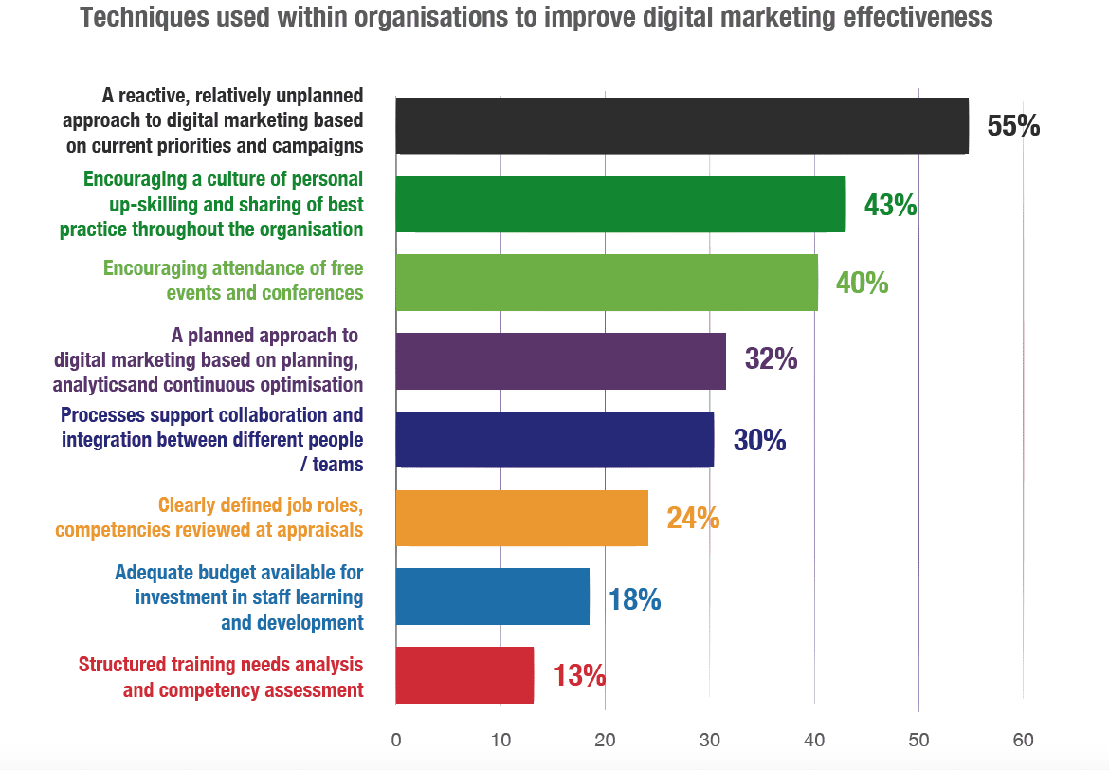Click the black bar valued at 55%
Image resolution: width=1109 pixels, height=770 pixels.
click(x=682, y=125)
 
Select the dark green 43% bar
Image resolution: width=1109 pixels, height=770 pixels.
click(x=620, y=204)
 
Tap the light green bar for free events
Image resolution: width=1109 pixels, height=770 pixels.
click(x=607, y=283)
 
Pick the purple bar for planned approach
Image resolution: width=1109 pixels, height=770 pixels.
click(x=560, y=361)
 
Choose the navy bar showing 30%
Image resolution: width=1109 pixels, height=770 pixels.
click(x=554, y=439)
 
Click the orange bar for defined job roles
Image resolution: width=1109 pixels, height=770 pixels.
click(x=521, y=518)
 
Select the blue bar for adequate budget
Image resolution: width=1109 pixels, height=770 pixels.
click(x=492, y=596)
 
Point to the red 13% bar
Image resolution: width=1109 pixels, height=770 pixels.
click(x=464, y=675)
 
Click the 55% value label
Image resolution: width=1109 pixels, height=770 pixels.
click(x=1013, y=126)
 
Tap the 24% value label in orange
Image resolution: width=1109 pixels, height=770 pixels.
click(x=693, y=519)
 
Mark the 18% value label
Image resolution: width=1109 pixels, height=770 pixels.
click(x=634, y=599)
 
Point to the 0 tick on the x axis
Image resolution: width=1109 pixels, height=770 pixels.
click(x=396, y=740)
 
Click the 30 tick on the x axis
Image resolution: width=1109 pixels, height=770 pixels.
click(x=709, y=740)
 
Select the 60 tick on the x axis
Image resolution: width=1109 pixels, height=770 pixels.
click(x=1023, y=740)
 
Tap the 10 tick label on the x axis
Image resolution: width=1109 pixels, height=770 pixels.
click(x=500, y=740)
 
